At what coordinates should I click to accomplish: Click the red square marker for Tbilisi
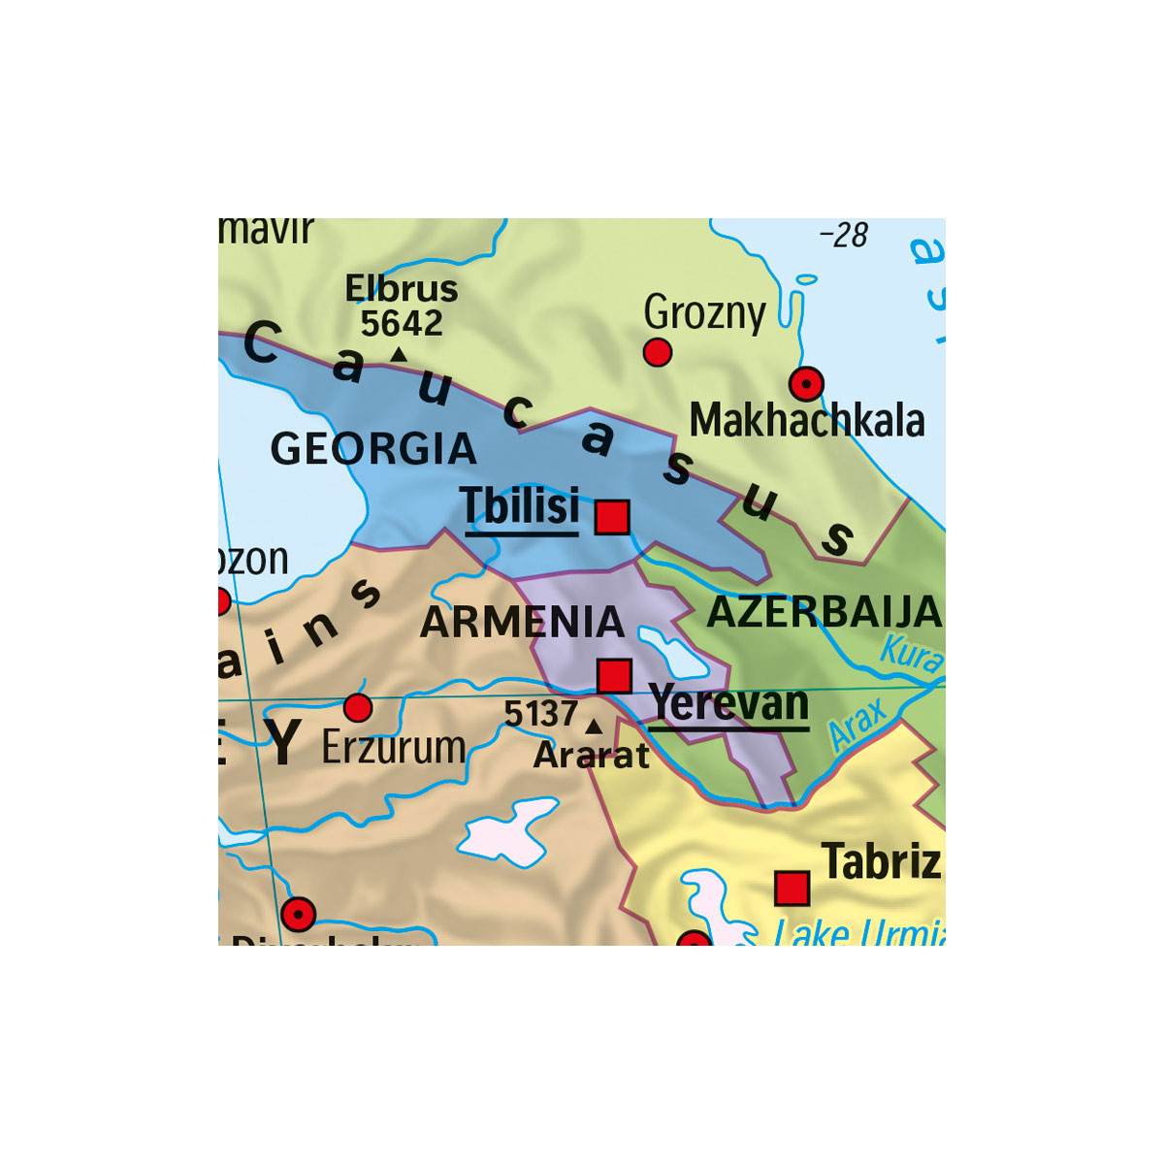point(612,517)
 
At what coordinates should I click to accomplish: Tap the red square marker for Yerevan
point(614,675)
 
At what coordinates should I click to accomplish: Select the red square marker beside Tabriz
point(792,888)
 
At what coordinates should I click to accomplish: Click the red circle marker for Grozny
point(658,353)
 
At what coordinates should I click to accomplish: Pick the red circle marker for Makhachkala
point(806,385)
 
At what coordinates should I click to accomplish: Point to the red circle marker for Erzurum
point(358,708)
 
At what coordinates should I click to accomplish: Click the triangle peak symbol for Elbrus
point(398,355)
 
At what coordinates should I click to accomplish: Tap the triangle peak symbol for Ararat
point(594,726)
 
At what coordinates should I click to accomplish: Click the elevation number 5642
point(402,323)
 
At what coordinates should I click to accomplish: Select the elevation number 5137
point(541,715)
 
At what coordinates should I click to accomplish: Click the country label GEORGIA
point(373,449)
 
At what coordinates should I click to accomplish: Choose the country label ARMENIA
point(522,623)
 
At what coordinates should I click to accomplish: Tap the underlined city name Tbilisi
point(521,505)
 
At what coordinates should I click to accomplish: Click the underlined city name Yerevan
point(728,703)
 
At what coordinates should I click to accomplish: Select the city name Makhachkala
point(807,421)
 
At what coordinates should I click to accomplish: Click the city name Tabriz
point(881,861)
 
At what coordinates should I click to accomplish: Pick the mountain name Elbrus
point(402,289)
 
